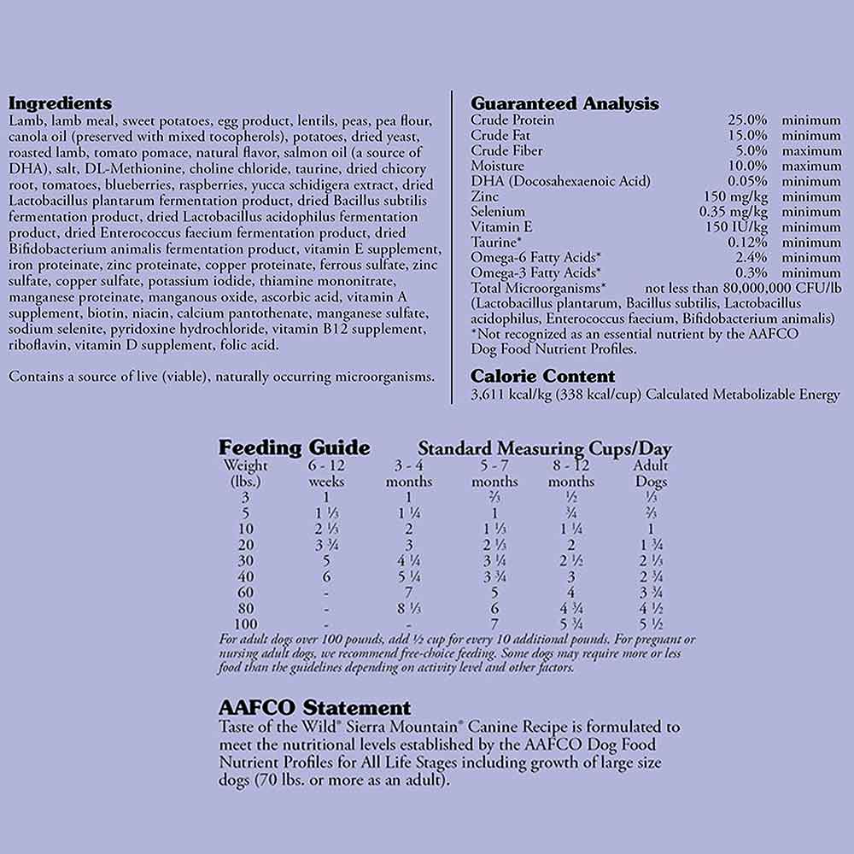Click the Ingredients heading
tap(59, 103)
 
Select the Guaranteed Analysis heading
tap(564, 103)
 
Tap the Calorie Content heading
tap(542, 376)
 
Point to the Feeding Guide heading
tap(294, 447)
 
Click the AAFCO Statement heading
tap(314, 708)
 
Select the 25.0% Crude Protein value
tap(747, 120)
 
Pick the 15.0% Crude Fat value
tap(747, 136)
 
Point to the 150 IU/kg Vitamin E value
tap(737, 227)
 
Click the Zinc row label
tap(484, 196)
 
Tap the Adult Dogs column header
tap(651, 473)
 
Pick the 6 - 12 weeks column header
tap(326, 473)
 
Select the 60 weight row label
tap(245, 593)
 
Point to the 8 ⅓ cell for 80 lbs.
tap(409, 609)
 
